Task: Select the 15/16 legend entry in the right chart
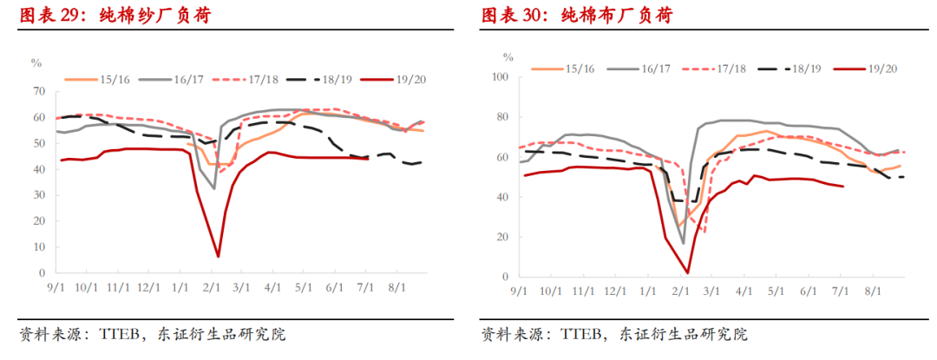click(x=580, y=68)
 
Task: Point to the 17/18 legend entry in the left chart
click(x=263, y=78)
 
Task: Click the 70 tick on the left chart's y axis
click(x=39, y=91)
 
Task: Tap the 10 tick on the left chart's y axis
click(x=39, y=247)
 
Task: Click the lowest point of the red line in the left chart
click(x=218, y=256)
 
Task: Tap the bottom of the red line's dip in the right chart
click(x=687, y=273)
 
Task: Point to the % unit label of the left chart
click(x=36, y=62)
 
